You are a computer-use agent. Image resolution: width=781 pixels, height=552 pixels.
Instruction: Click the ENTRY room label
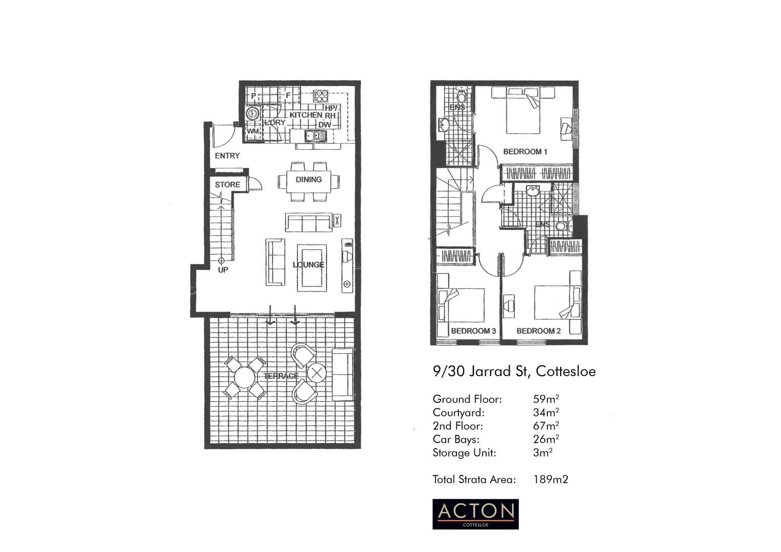point(227,156)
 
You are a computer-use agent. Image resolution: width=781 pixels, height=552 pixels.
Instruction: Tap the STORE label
point(227,185)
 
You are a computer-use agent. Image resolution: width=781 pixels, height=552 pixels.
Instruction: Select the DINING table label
point(309,179)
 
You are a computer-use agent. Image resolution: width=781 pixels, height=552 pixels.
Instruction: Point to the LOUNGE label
point(308,265)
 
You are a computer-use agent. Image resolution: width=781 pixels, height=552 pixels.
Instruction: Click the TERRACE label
point(281,376)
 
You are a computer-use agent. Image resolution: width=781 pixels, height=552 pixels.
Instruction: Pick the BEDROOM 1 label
point(525,152)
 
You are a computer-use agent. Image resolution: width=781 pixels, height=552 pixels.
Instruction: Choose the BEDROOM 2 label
point(538,331)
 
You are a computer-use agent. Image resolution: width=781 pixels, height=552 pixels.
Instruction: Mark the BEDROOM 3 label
point(473,331)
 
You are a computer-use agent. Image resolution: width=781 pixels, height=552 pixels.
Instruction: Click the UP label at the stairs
point(223,270)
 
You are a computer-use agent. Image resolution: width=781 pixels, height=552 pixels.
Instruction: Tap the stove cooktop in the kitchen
point(320,96)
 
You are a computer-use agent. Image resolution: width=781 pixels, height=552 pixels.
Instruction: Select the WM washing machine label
point(252,131)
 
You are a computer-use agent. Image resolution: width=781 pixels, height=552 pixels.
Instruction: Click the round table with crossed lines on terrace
point(316,373)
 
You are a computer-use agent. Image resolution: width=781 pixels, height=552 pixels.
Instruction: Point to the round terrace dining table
point(245,378)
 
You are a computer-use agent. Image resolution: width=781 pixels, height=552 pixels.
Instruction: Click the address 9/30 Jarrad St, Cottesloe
point(514,371)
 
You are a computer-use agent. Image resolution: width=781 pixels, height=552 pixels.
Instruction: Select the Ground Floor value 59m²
point(545,399)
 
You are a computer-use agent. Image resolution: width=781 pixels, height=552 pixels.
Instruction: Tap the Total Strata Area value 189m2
point(550,479)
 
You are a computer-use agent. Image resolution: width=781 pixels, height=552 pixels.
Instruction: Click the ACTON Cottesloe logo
point(475,514)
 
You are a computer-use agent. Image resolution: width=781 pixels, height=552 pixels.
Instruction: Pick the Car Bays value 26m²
point(545,439)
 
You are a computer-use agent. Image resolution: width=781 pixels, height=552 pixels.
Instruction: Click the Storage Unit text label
point(464,453)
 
